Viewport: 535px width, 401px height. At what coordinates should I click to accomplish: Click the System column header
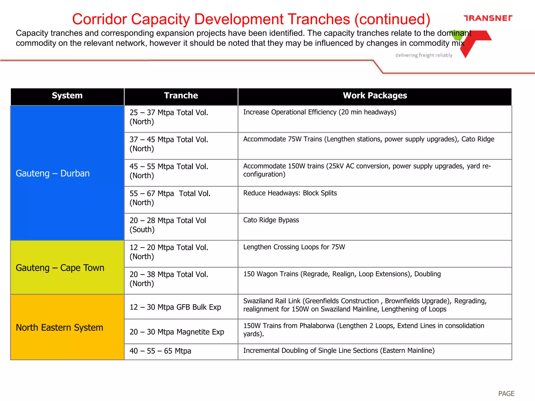point(67,96)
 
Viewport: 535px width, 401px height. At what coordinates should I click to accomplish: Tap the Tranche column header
point(181,96)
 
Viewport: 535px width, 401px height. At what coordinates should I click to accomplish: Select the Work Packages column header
point(375,96)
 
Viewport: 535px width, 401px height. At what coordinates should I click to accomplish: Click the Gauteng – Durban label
point(53,173)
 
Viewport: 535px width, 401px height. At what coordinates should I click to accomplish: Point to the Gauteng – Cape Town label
point(60,268)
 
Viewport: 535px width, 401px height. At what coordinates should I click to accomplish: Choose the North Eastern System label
point(59,328)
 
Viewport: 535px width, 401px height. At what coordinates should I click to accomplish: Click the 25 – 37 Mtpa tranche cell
point(169,117)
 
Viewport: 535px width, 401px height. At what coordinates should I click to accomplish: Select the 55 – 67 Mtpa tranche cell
point(170,198)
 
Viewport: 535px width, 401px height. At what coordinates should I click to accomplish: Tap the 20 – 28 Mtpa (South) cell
point(168,225)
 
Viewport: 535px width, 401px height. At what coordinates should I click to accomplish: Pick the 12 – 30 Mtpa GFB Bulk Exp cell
point(175,307)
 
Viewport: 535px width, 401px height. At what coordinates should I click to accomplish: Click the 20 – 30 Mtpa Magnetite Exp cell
point(177,332)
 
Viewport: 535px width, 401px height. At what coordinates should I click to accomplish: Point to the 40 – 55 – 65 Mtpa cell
point(160,351)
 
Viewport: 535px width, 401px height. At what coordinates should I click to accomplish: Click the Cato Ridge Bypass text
point(271,220)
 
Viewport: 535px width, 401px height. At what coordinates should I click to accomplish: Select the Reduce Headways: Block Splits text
point(290,193)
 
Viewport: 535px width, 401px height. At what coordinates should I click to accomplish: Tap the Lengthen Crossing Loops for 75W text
point(294,247)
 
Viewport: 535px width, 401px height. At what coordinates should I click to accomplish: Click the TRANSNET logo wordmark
point(488,18)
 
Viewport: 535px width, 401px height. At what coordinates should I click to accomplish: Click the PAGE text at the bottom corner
point(506,393)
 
